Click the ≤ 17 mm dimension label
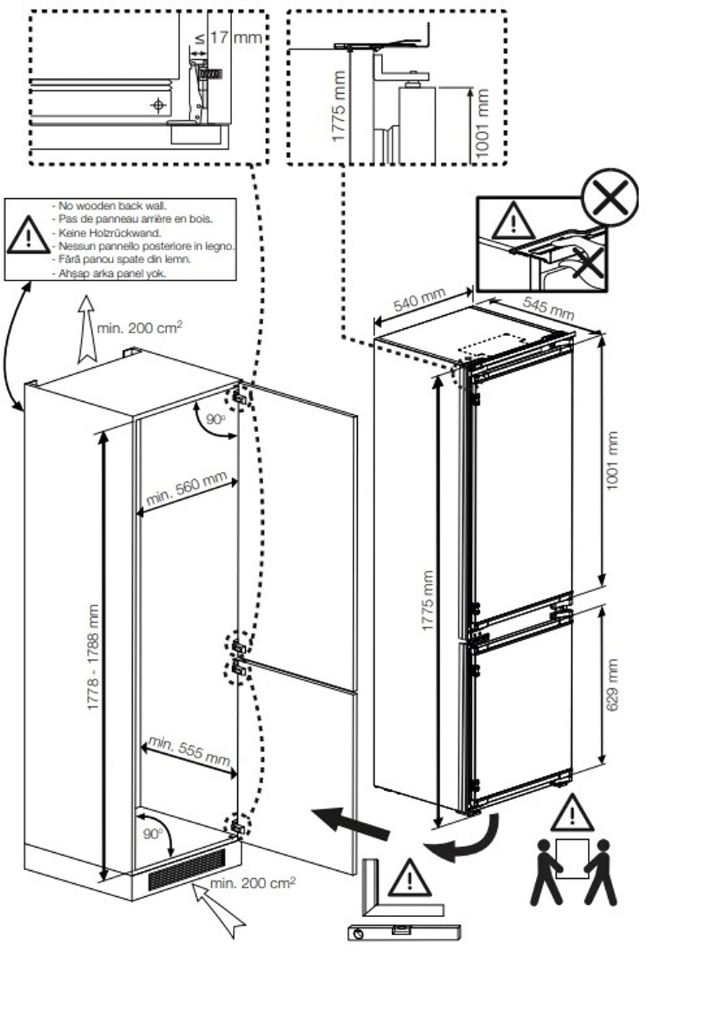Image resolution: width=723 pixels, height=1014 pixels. click(x=228, y=37)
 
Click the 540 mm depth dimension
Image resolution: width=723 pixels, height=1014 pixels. click(x=419, y=299)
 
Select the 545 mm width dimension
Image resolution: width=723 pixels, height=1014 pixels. click(x=548, y=308)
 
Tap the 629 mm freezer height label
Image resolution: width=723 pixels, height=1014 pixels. click(x=612, y=684)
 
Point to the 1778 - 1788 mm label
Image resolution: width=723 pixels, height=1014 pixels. click(x=93, y=657)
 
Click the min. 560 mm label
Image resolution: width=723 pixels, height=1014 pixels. click(x=187, y=489)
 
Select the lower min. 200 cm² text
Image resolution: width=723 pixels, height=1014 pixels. click(x=253, y=882)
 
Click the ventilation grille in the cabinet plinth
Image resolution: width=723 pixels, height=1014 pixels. click(x=187, y=869)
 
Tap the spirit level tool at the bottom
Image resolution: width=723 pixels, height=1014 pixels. click(x=403, y=932)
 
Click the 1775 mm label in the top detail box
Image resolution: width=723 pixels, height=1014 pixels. click(x=338, y=106)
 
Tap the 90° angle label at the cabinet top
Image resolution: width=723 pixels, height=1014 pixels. click(x=215, y=419)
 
